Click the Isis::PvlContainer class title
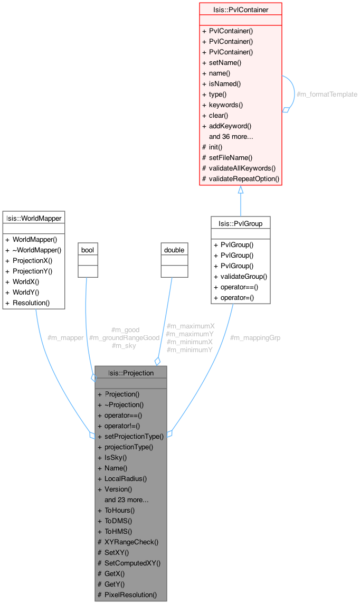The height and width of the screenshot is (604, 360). tap(240, 10)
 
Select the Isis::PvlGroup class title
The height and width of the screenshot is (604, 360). tap(240, 223)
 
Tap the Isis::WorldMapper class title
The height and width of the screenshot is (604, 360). tap(34, 218)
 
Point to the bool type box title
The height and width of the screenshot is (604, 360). tap(87, 249)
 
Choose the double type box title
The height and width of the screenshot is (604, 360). tap(174, 249)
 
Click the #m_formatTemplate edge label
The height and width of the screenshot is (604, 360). tap(327, 94)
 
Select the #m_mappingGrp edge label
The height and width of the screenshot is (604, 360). tap(255, 337)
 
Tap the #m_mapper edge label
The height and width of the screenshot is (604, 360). tap(65, 337)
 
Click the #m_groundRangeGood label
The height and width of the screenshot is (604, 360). tap(124, 337)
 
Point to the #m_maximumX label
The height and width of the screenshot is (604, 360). tap(190, 326)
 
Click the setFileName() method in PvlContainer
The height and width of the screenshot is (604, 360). tap(231, 157)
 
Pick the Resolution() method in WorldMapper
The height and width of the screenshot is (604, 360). tap(31, 303)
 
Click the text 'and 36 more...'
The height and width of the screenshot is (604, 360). tap(231, 136)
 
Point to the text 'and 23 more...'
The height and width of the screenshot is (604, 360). tap(126, 499)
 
